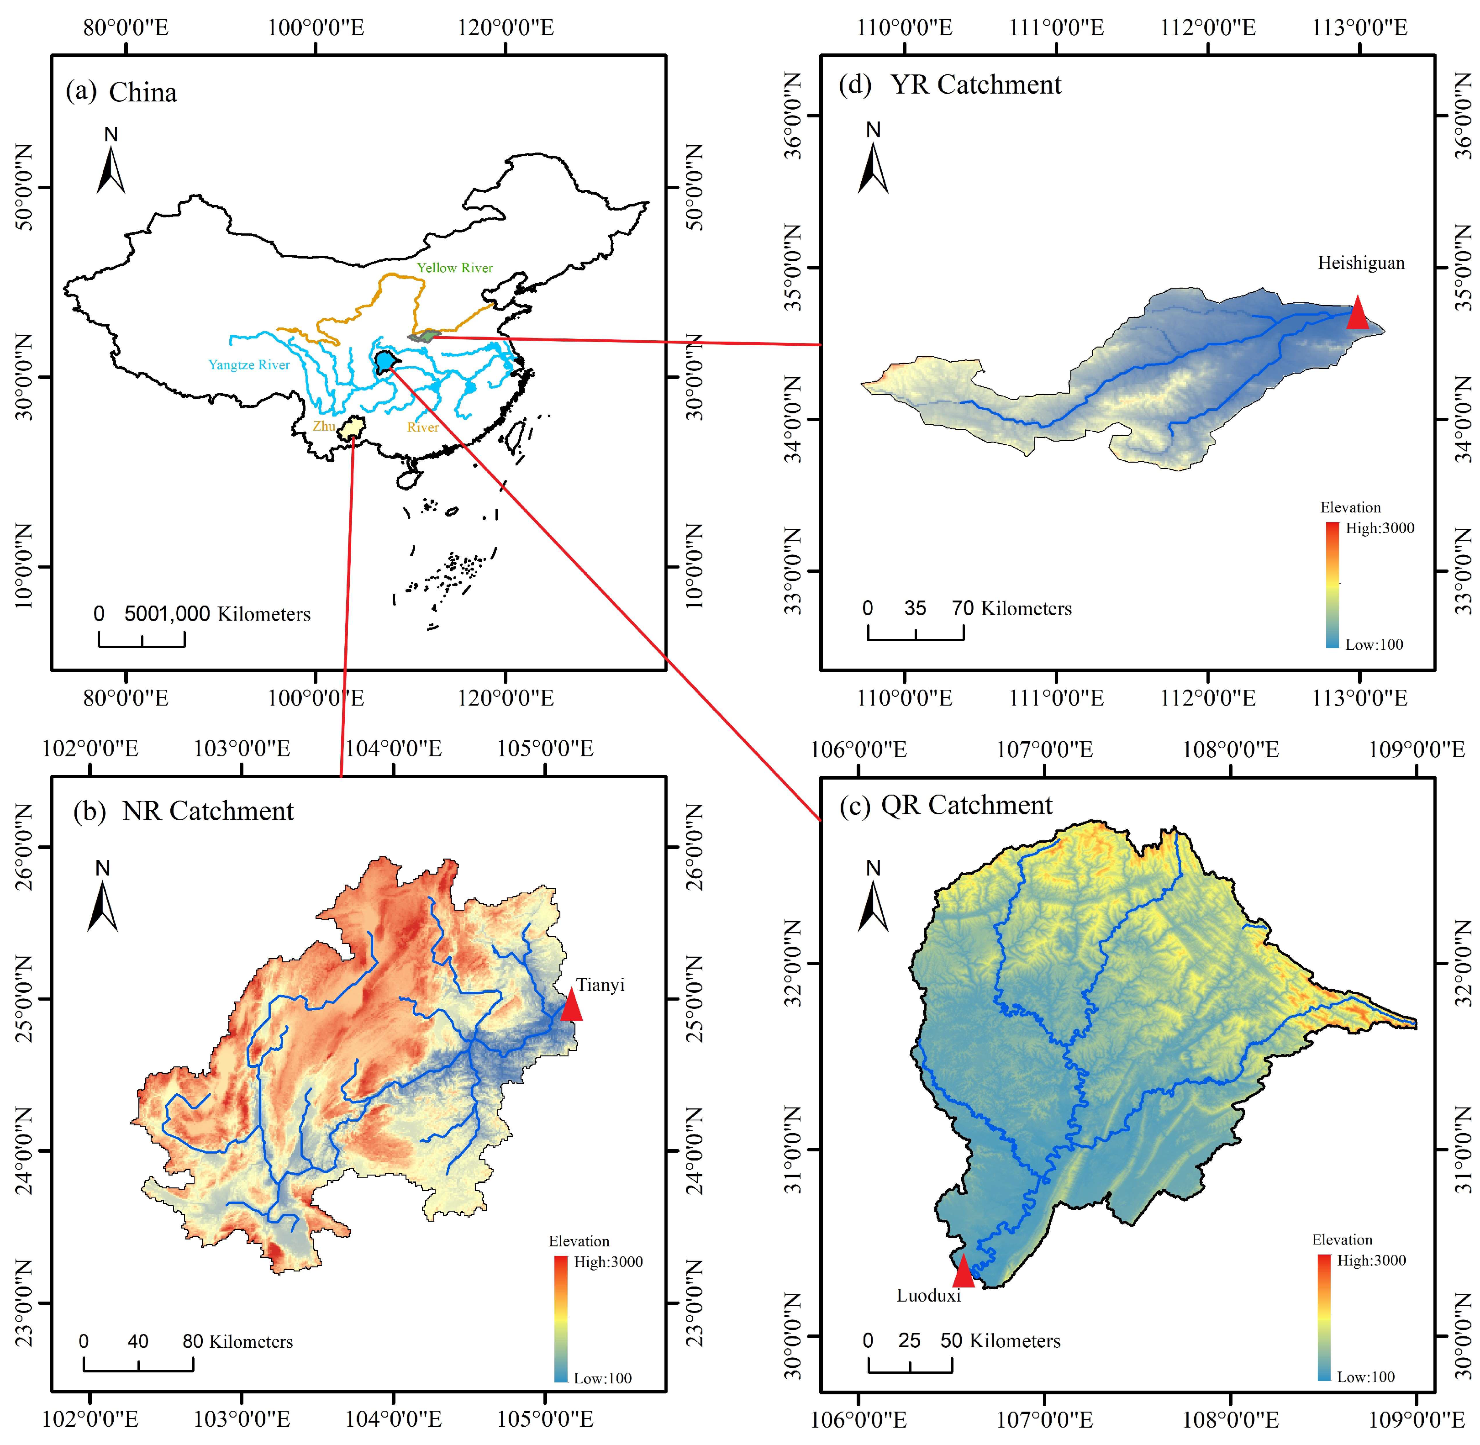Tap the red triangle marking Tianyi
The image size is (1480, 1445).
pyautogui.click(x=571, y=1007)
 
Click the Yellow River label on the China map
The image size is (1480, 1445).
pyautogui.click(x=455, y=268)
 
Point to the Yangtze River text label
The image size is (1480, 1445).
pyautogui.click(x=249, y=365)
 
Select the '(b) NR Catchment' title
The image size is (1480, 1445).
pyautogui.click(x=183, y=811)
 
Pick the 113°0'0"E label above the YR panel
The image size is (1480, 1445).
pyautogui.click(x=1359, y=28)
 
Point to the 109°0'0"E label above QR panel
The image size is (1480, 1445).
pyautogui.click(x=1416, y=750)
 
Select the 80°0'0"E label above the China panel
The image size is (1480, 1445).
pyautogui.click(x=125, y=28)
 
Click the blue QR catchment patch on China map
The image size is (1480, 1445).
pyautogui.click(x=385, y=360)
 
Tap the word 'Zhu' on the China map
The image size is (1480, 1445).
pyautogui.click(x=324, y=427)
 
